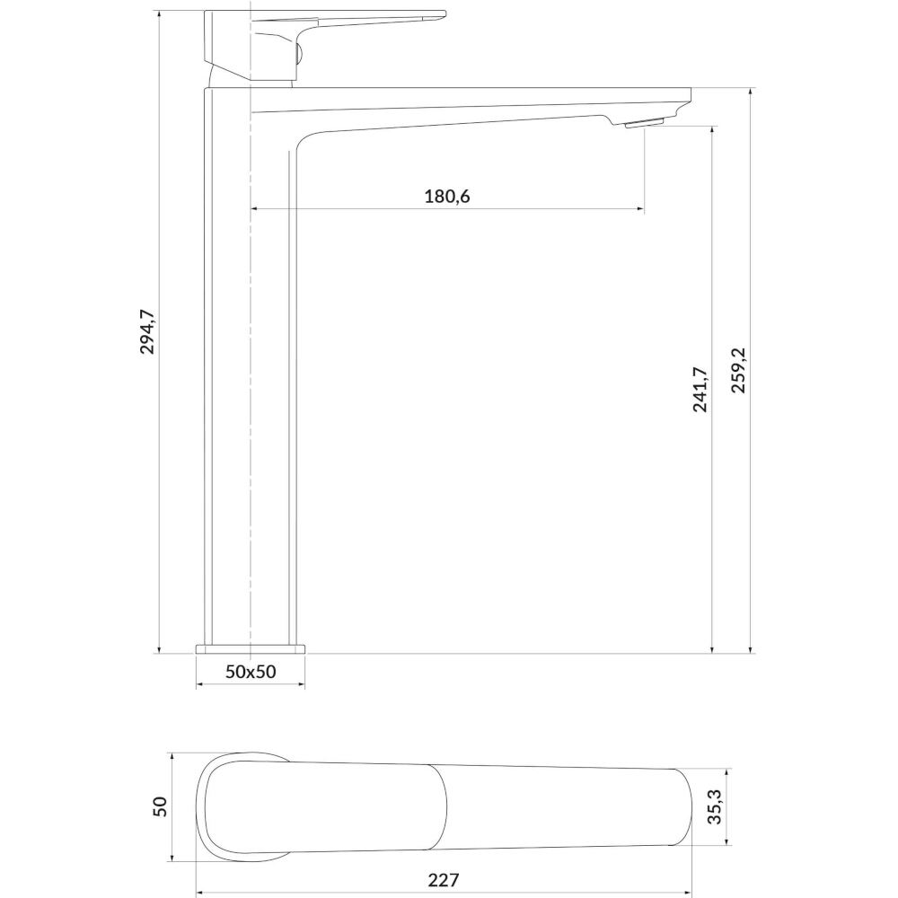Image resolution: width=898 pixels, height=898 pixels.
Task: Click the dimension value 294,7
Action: (148, 331)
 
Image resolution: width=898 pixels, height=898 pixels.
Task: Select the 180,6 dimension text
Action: (446, 197)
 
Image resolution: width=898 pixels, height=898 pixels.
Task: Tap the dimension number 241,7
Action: (700, 390)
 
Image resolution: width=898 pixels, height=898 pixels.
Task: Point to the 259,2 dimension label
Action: (738, 370)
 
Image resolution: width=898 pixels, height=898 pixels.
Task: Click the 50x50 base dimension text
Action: (251, 671)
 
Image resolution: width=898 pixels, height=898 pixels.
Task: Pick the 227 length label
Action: (444, 880)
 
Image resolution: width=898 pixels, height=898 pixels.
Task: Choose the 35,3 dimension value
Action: (715, 806)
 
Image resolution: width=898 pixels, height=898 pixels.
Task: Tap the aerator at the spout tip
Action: (644, 124)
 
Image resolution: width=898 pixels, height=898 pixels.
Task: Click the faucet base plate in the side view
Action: (251, 649)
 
